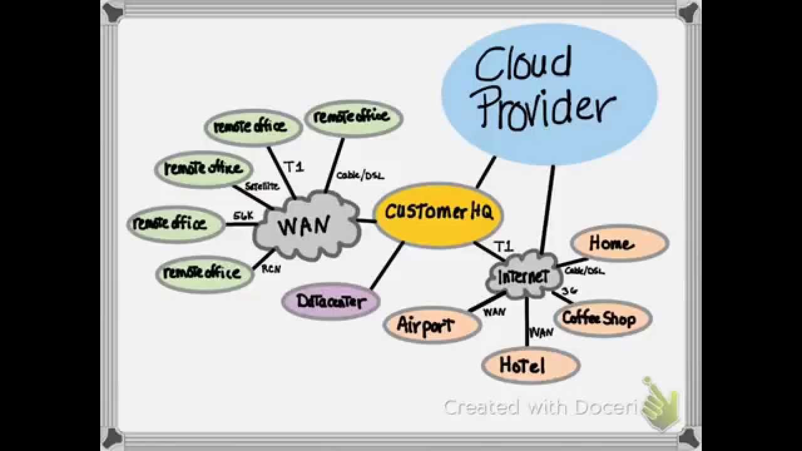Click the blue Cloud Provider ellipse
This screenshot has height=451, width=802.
click(x=549, y=94)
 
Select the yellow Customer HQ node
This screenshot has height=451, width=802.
click(x=438, y=214)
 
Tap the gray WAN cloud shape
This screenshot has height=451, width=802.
click(x=306, y=225)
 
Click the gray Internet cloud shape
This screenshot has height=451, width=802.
click(x=522, y=276)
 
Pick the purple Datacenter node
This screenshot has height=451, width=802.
click(x=331, y=301)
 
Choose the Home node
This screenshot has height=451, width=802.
click(x=619, y=243)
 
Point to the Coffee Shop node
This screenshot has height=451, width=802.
click(x=602, y=318)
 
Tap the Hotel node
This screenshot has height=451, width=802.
click(x=530, y=365)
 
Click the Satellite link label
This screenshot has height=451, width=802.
click(x=261, y=186)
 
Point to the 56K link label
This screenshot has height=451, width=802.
click(x=243, y=215)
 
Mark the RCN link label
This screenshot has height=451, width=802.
click(x=271, y=269)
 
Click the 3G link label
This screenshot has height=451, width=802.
click(x=569, y=291)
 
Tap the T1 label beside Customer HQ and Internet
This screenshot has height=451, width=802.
click(x=504, y=245)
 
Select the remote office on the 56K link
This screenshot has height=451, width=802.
click(x=175, y=224)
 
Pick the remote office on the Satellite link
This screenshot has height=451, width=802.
click(x=203, y=168)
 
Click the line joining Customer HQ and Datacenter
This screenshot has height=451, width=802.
click(x=387, y=266)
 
